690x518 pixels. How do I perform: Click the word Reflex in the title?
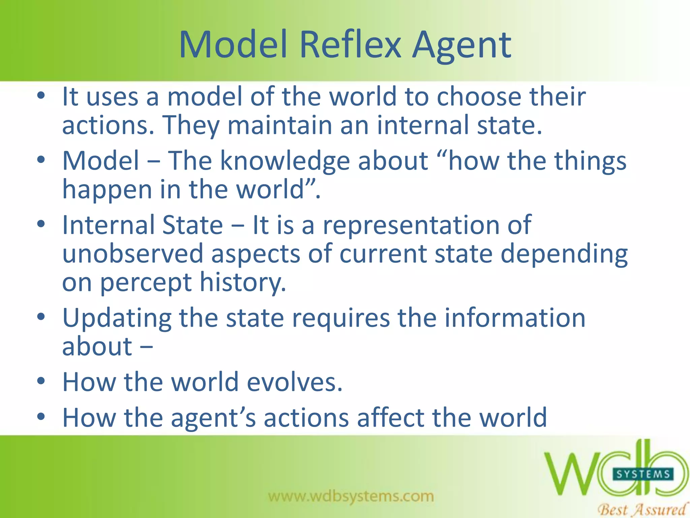(x=350, y=45)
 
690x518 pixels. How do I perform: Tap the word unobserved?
(x=133, y=254)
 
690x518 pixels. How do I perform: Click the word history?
(x=243, y=283)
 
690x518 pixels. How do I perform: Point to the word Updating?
(x=117, y=319)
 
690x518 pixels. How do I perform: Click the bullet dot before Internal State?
(x=41, y=224)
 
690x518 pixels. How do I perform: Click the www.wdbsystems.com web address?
(x=351, y=496)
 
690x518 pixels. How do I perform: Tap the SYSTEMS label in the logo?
(x=643, y=474)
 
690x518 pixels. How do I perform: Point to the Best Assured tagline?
(x=642, y=509)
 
